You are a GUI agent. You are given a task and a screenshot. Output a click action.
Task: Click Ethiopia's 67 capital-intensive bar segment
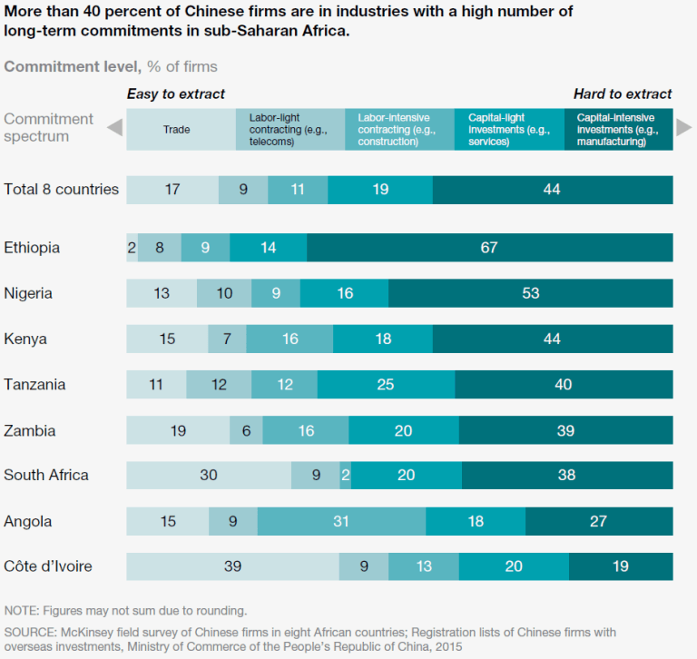coord(490,248)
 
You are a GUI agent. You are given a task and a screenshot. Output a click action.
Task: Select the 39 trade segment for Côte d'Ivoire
coord(232,566)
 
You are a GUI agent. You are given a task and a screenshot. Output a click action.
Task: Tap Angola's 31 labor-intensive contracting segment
coord(341,521)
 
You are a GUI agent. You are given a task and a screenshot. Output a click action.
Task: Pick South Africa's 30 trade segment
coord(208,476)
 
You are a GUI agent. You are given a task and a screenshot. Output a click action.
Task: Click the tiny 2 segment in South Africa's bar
coord(346,476)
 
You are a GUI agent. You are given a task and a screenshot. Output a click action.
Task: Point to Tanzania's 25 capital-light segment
coord(386,385)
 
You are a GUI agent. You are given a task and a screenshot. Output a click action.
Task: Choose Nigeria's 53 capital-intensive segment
coord(531,293)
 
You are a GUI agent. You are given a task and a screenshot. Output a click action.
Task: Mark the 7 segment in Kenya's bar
coord(227,339)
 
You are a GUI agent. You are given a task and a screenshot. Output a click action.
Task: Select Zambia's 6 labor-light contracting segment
coord(246,430)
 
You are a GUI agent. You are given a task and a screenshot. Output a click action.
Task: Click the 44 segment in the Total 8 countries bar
coord(552,190)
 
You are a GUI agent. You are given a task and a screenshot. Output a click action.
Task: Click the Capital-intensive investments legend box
coord(618,130)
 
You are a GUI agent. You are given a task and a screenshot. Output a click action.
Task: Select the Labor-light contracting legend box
coord(290,130)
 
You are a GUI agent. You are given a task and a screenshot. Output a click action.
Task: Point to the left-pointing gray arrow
coord(114,128)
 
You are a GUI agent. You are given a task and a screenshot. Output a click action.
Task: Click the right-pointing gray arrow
coord(683,128)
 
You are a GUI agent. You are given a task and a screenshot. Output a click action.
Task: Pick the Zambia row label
coord(30,430)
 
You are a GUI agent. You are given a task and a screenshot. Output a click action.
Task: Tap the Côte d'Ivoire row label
coord(48,566)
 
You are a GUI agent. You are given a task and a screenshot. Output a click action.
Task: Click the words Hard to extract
coord(623,93)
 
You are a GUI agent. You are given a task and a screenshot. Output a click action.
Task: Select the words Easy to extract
coord(175,93)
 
